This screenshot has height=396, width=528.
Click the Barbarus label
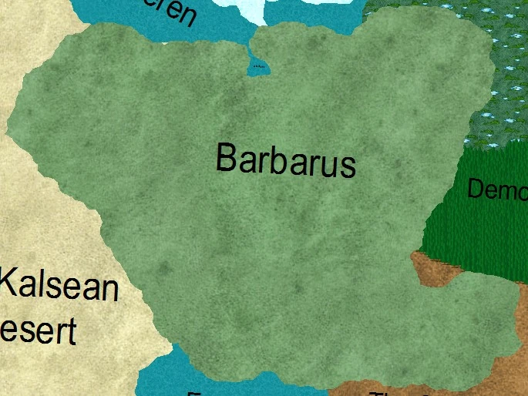tap(285, 159)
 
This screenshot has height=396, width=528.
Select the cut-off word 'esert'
tap(39, 329)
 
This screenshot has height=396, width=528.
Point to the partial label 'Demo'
tap(496, 190)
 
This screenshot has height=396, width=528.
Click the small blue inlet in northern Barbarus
tap(258, 68)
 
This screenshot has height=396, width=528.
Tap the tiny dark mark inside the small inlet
tap(259, 67)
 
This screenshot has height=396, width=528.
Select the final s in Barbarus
tap(348, 166)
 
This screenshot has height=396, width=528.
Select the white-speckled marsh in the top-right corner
tap(493, 77)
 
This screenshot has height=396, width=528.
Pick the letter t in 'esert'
tap(72, 331)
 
